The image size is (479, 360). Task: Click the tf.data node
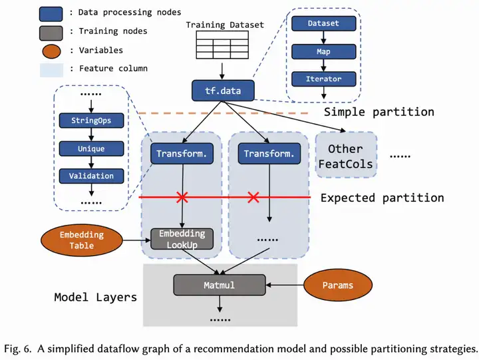click(223, 90)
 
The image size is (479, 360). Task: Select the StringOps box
click(91, 120)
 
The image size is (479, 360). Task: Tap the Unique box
click(91, 148)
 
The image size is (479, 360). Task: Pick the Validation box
click(91, 176)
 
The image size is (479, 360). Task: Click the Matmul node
click(220, 285)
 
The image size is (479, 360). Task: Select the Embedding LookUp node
click(182, 239)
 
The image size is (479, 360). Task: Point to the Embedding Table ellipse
click(82, 240)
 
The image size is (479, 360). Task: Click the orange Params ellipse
click(338, 285)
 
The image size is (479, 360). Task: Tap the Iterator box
click(324, 79)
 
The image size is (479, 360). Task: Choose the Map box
click(324, 52)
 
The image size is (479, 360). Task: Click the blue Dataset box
click(324, 23)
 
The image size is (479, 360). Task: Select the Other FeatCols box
click(346, 155)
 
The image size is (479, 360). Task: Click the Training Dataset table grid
click(222, 45)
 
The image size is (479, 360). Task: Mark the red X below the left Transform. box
click(182, 197)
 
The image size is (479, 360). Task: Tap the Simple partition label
click(379, 112)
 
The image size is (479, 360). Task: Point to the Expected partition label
click(382, 198)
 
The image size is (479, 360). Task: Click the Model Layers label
click(96, 297)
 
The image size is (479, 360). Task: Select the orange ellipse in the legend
click(51, 51)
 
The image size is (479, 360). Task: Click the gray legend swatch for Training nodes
click(51, 33)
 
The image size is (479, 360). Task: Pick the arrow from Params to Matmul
click(285, 285)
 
